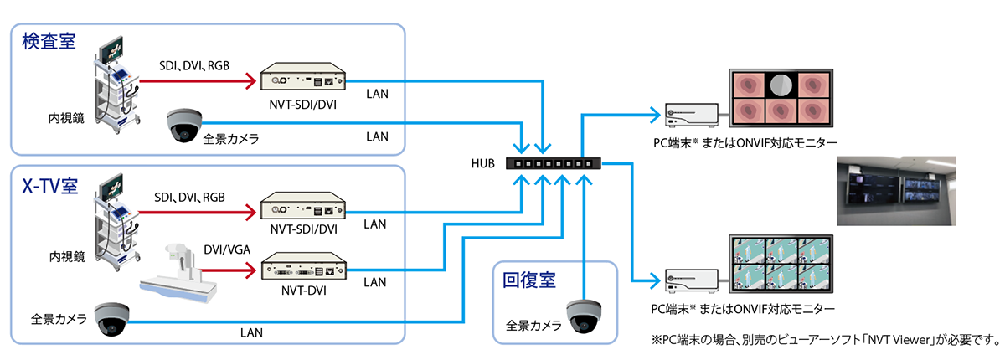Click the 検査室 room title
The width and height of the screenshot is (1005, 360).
(49, 41)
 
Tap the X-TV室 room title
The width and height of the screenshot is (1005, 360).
(49, 185)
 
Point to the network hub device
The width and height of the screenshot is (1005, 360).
(554, 163)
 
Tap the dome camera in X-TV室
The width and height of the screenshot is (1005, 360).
(111, 319)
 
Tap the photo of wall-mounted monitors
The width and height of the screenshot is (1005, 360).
(896, 190)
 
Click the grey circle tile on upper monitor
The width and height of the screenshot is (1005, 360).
(781, 85)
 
